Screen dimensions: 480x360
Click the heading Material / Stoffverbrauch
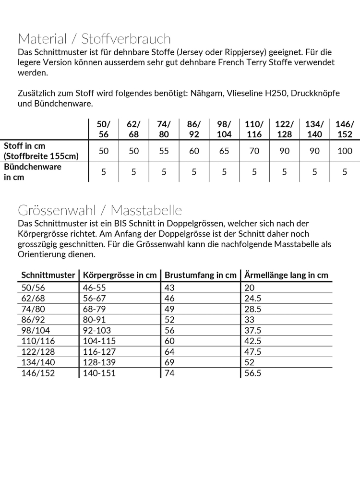pos(94,38)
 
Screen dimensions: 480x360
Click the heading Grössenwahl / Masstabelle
pos(100,210)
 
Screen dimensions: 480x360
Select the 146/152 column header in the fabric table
pos(345,129)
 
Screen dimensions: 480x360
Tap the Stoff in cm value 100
pos(345,151)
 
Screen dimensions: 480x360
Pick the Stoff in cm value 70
pos(254,151)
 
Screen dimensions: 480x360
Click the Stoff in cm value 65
pos(224,151)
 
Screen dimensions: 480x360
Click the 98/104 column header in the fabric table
pos(224,129)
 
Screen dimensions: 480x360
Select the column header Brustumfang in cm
pos(201,275)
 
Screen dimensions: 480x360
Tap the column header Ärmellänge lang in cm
pos(286,275)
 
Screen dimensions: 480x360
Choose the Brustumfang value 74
pos(169,373)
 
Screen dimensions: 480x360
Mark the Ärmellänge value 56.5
pos(252,373)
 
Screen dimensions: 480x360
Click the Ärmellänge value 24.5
pos(252,298)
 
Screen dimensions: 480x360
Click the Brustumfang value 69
pos(169,362)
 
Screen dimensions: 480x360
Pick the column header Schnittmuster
pos(48,275)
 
